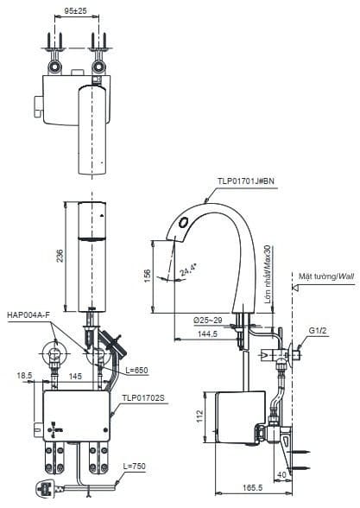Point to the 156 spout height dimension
tap(148, 276)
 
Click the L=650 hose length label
tap(136, 370)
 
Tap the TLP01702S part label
tap(142, 398)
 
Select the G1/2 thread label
tap(319, 329)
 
